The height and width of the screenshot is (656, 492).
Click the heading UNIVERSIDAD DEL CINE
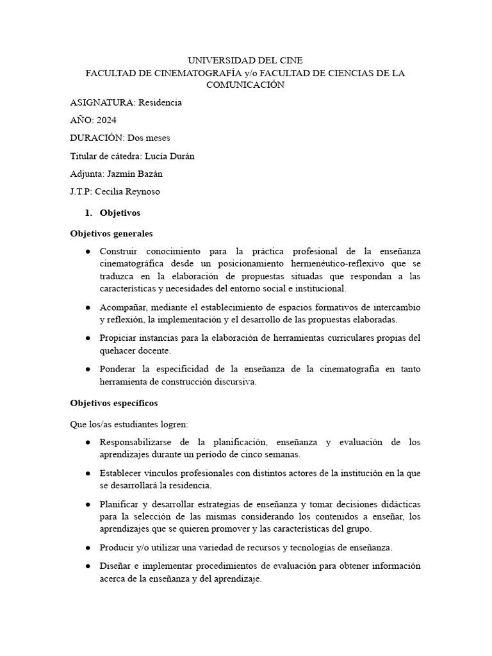(x=245, y=61)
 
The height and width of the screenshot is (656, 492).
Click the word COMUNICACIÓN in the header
(x=245, y=85)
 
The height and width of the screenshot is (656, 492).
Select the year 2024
(x=106, y=120)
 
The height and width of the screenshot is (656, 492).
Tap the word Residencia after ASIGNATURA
(x=160, y=102)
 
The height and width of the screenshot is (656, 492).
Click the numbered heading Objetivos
(x=120, y=213)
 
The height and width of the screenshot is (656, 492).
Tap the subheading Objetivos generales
(x=111, y=234)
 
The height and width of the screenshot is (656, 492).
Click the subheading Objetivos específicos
(x=113, y=404)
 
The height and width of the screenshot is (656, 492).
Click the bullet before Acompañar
(x=87, y=307)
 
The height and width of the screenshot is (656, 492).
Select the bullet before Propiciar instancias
(x=87, y=338)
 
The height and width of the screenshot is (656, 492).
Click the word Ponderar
(x=119, y=369)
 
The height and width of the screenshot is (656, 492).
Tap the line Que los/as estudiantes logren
(x=128, y=424)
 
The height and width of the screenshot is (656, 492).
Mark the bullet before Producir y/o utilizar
(x=87, y=548)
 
